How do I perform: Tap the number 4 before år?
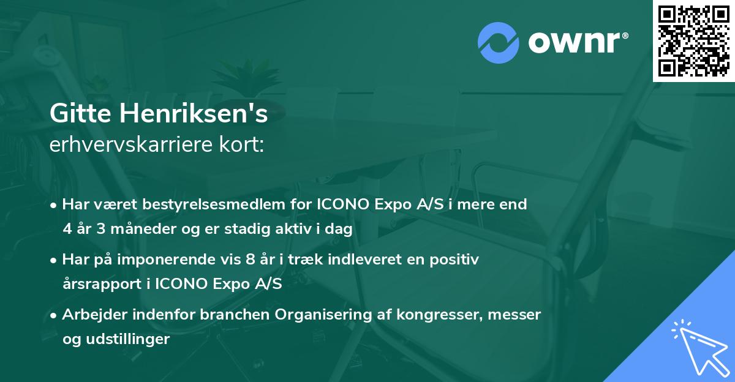(x=67, y=229)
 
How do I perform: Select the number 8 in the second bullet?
(x=249, y=259)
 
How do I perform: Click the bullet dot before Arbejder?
(x=55, y=315)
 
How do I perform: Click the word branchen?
(x=236, y=314)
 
